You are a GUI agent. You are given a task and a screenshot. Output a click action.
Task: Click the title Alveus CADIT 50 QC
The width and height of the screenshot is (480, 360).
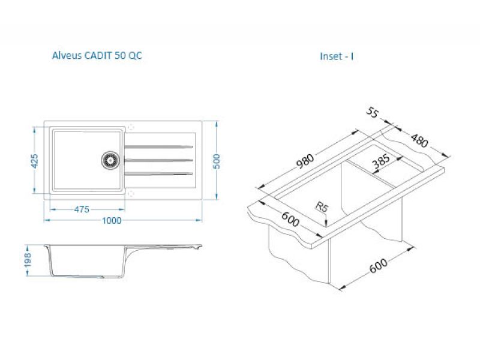(x=97, y=56)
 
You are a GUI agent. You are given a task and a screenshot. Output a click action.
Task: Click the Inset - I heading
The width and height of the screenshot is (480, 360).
(x=337, y=56)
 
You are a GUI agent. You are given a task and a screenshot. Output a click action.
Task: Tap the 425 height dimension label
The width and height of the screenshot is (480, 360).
(x=35, y=161)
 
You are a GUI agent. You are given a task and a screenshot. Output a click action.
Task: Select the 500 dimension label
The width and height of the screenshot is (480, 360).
(x=216, y=161)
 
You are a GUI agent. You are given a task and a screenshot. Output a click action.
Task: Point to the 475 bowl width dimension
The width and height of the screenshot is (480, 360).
(x=82, y=209)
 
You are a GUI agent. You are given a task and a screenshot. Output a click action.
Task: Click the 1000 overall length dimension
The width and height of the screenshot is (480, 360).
(x=112, y=220)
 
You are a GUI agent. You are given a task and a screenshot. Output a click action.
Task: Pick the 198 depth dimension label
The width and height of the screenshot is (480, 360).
(x=28, y=260)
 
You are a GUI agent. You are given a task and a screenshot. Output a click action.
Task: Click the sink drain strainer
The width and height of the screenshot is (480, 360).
(x=110, y=160)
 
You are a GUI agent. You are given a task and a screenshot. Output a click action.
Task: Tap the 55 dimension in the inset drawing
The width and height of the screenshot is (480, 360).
(x=373, y=112)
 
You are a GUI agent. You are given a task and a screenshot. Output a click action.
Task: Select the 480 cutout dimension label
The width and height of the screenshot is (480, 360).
(x=419, y=140)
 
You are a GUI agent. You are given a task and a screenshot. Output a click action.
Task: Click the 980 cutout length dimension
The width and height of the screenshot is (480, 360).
(x=305, y=161)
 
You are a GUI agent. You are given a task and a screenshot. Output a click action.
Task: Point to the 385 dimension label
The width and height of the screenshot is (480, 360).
(x=381, y=161)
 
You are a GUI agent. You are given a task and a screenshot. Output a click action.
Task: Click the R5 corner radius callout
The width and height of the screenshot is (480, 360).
(x=322, y=207)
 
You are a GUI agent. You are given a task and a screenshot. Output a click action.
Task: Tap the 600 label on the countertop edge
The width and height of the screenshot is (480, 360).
(x=290, y=219)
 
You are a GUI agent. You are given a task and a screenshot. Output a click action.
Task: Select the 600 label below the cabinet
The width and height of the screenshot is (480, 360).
(x=379, y=265)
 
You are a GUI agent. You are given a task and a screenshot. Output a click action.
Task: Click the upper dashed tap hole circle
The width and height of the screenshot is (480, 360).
(x=131, y=127)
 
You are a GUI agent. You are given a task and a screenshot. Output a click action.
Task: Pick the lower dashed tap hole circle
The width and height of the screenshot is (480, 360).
(x=131, y=193)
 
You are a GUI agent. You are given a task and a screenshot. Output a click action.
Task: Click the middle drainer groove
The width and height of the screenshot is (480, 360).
(x=158, y=160)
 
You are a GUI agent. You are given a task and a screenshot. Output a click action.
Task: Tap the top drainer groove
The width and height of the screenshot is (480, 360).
(x=158, y=146)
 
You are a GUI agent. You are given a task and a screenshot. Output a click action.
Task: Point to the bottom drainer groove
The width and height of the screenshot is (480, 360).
(x=158, y=174)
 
